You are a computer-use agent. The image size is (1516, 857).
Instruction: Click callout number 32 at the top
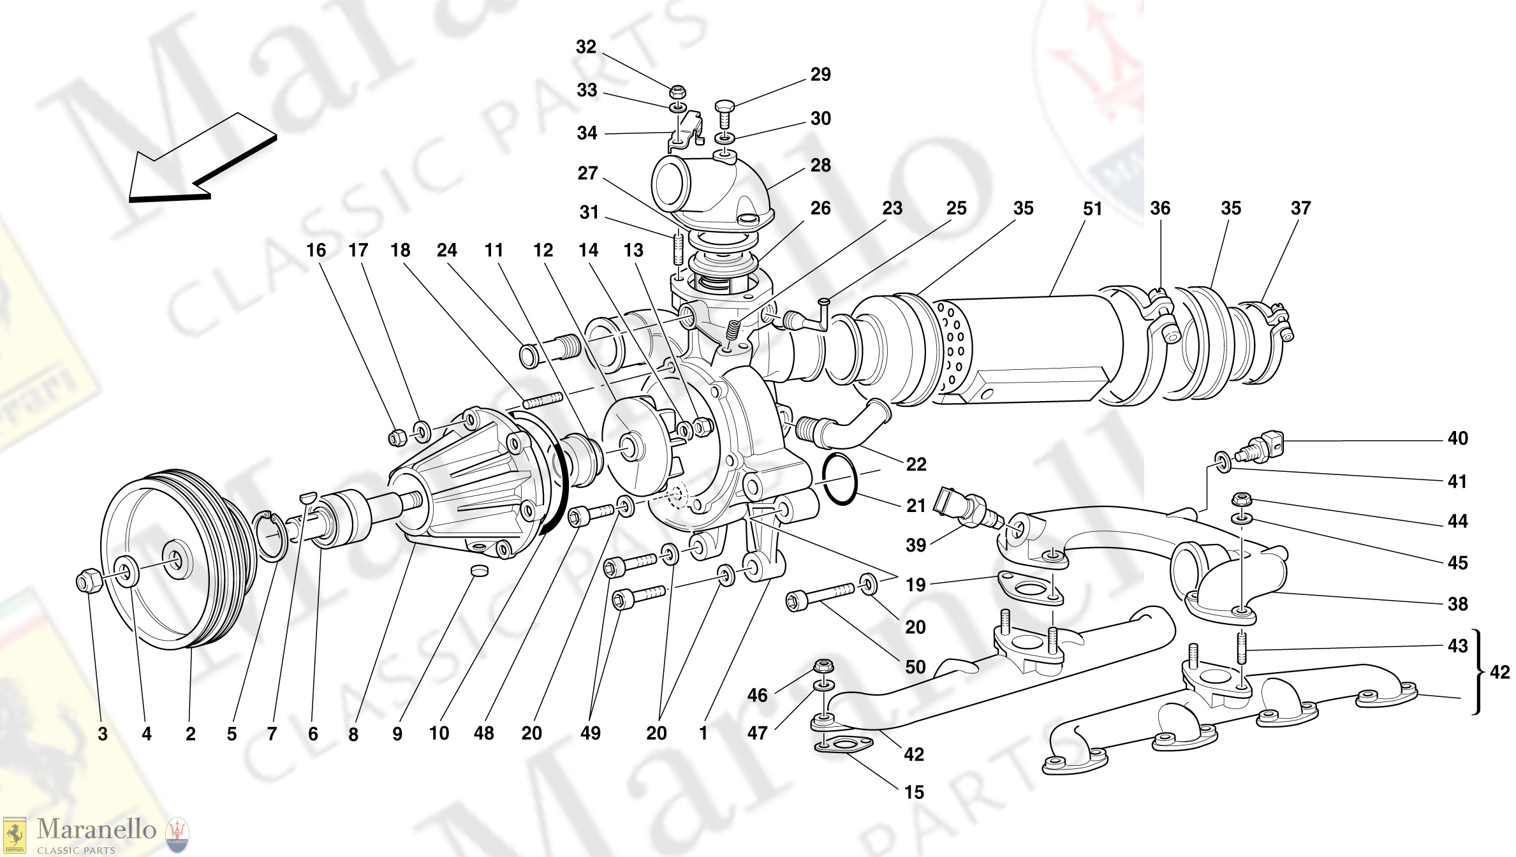pyautogui.click(x=585, y=47)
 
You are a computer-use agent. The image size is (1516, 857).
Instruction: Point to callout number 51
pyautogui.click(x=1092, y=209)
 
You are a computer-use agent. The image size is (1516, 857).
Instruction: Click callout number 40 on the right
pyautogui.click(x=1457, y=439)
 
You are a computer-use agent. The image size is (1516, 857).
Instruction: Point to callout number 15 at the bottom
pyautogui.click(x=914, y=793)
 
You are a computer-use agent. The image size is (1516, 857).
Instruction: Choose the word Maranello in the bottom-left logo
pyautogui.click(x=96, y=829)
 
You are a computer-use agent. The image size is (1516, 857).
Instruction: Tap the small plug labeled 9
pyautogui.click(x=479, y=570)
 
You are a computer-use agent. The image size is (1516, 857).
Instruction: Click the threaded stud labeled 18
pyautogui.click(x=542, y=400)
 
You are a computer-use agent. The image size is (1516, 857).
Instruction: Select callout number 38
pyautogui.click(x=1457, y=604)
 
